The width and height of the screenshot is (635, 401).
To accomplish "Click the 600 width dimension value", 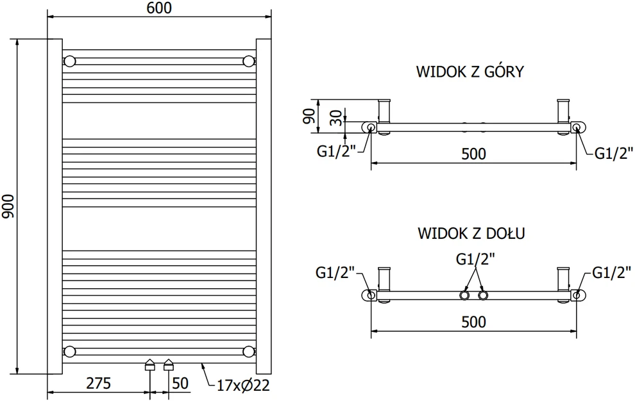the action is pyautogui.click(x=159, y=8).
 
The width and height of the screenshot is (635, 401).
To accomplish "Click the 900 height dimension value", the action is pyautogui.click(x=8, y=206).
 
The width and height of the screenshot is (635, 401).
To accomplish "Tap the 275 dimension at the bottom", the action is pyautogui.click(x=98, y=383).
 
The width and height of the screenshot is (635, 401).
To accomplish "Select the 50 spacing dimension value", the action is pyautogui.click(x=180, y=383).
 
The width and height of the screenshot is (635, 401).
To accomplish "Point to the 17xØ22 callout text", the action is pyautogui.click(x=243, y=385).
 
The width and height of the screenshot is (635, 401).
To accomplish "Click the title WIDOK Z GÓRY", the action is pyautogui.click(x=470, y=72).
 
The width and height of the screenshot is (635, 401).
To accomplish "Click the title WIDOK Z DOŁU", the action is pyautogui.click(x=471, y=233).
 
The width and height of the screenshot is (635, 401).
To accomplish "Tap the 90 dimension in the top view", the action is pyautogui.click(x=309, y=116).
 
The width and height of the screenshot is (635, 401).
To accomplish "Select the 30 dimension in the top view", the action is pyautogui.click(x=336, y=117).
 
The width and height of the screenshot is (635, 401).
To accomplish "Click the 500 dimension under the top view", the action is pyautogui.click(x=473, y=154).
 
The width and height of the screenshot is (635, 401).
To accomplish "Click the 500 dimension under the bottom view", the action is pyautogui.click(x=473, y=322).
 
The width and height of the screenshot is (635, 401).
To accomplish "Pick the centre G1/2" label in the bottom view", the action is pyautogui.click(x=475, y=259).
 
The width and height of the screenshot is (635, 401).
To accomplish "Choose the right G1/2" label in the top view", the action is pyautogui.click(x=613, y=153).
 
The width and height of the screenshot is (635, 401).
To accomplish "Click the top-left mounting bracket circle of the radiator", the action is pyautogui.click(x=70, y=61).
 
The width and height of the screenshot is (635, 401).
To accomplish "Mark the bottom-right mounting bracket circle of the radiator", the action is pyautogui.click(x=248, y=352).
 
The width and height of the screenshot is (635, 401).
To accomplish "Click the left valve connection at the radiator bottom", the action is pyautogui.click(x=150, y=364).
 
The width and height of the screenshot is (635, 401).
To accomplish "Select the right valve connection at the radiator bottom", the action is pyautogui.click(x=169, y=364).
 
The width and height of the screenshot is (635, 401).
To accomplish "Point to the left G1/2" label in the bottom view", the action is pyautogui.click(x=335, y=273).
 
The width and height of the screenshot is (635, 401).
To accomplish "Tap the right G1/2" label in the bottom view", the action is pyautogui.click(x=611, y=273).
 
